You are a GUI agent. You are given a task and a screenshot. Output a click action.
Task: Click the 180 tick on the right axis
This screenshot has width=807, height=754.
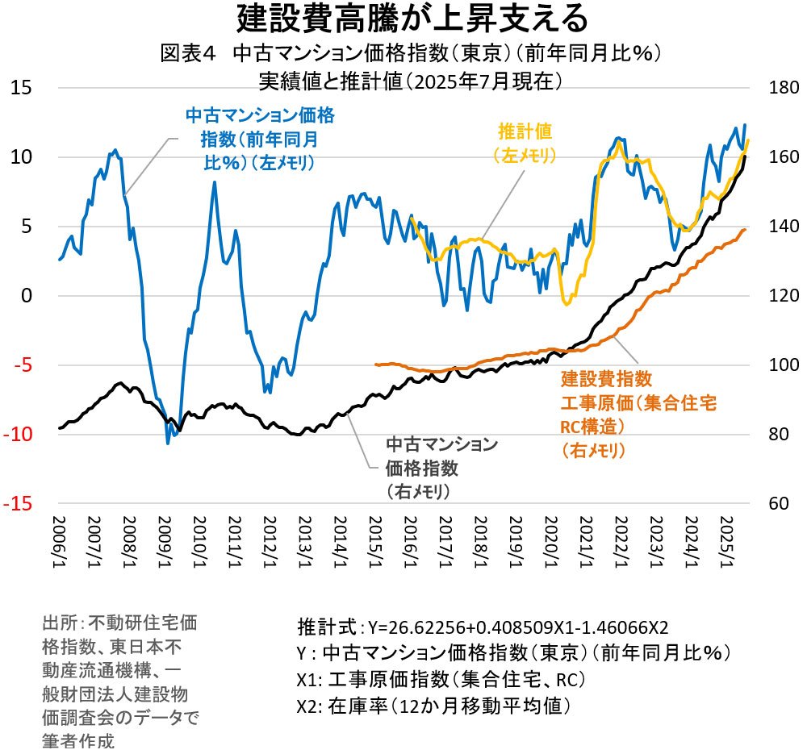tap(776, 87)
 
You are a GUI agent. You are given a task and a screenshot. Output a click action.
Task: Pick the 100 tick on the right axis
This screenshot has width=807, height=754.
tap(776, 365)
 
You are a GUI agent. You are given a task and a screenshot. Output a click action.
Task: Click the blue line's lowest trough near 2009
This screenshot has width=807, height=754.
tap(168, 443)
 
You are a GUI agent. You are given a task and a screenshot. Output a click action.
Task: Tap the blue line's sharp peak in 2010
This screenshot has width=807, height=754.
tap(214, 182)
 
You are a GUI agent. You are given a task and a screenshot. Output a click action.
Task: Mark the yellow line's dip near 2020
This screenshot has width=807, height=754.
tap(567, 303)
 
